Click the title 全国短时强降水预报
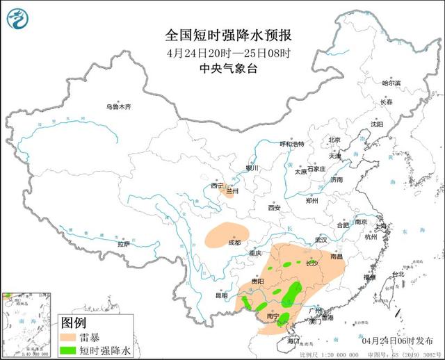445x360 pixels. pyautogui.click(x=222, y=36)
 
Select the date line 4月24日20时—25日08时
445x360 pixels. pyautogui.click(x=222, y=53)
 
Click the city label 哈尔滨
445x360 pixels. pyautogui.click(x=392, y=83)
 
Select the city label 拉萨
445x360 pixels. pyautogui.click(x=123, y=244)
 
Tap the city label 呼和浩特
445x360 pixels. pyautogui.click(x=292, y=144)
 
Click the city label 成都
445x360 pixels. pyautogui.click(x=235, y=243)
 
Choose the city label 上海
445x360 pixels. pyautogui.click(x=380, y=227)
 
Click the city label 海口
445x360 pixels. pyautogui.click(x=293, y=341)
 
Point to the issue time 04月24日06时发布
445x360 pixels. pyautogui.click(x=397, y=341)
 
